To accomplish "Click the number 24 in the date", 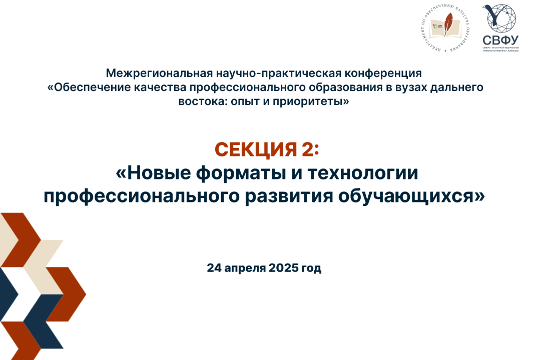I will point(214,268).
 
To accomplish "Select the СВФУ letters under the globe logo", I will point(500,39).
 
